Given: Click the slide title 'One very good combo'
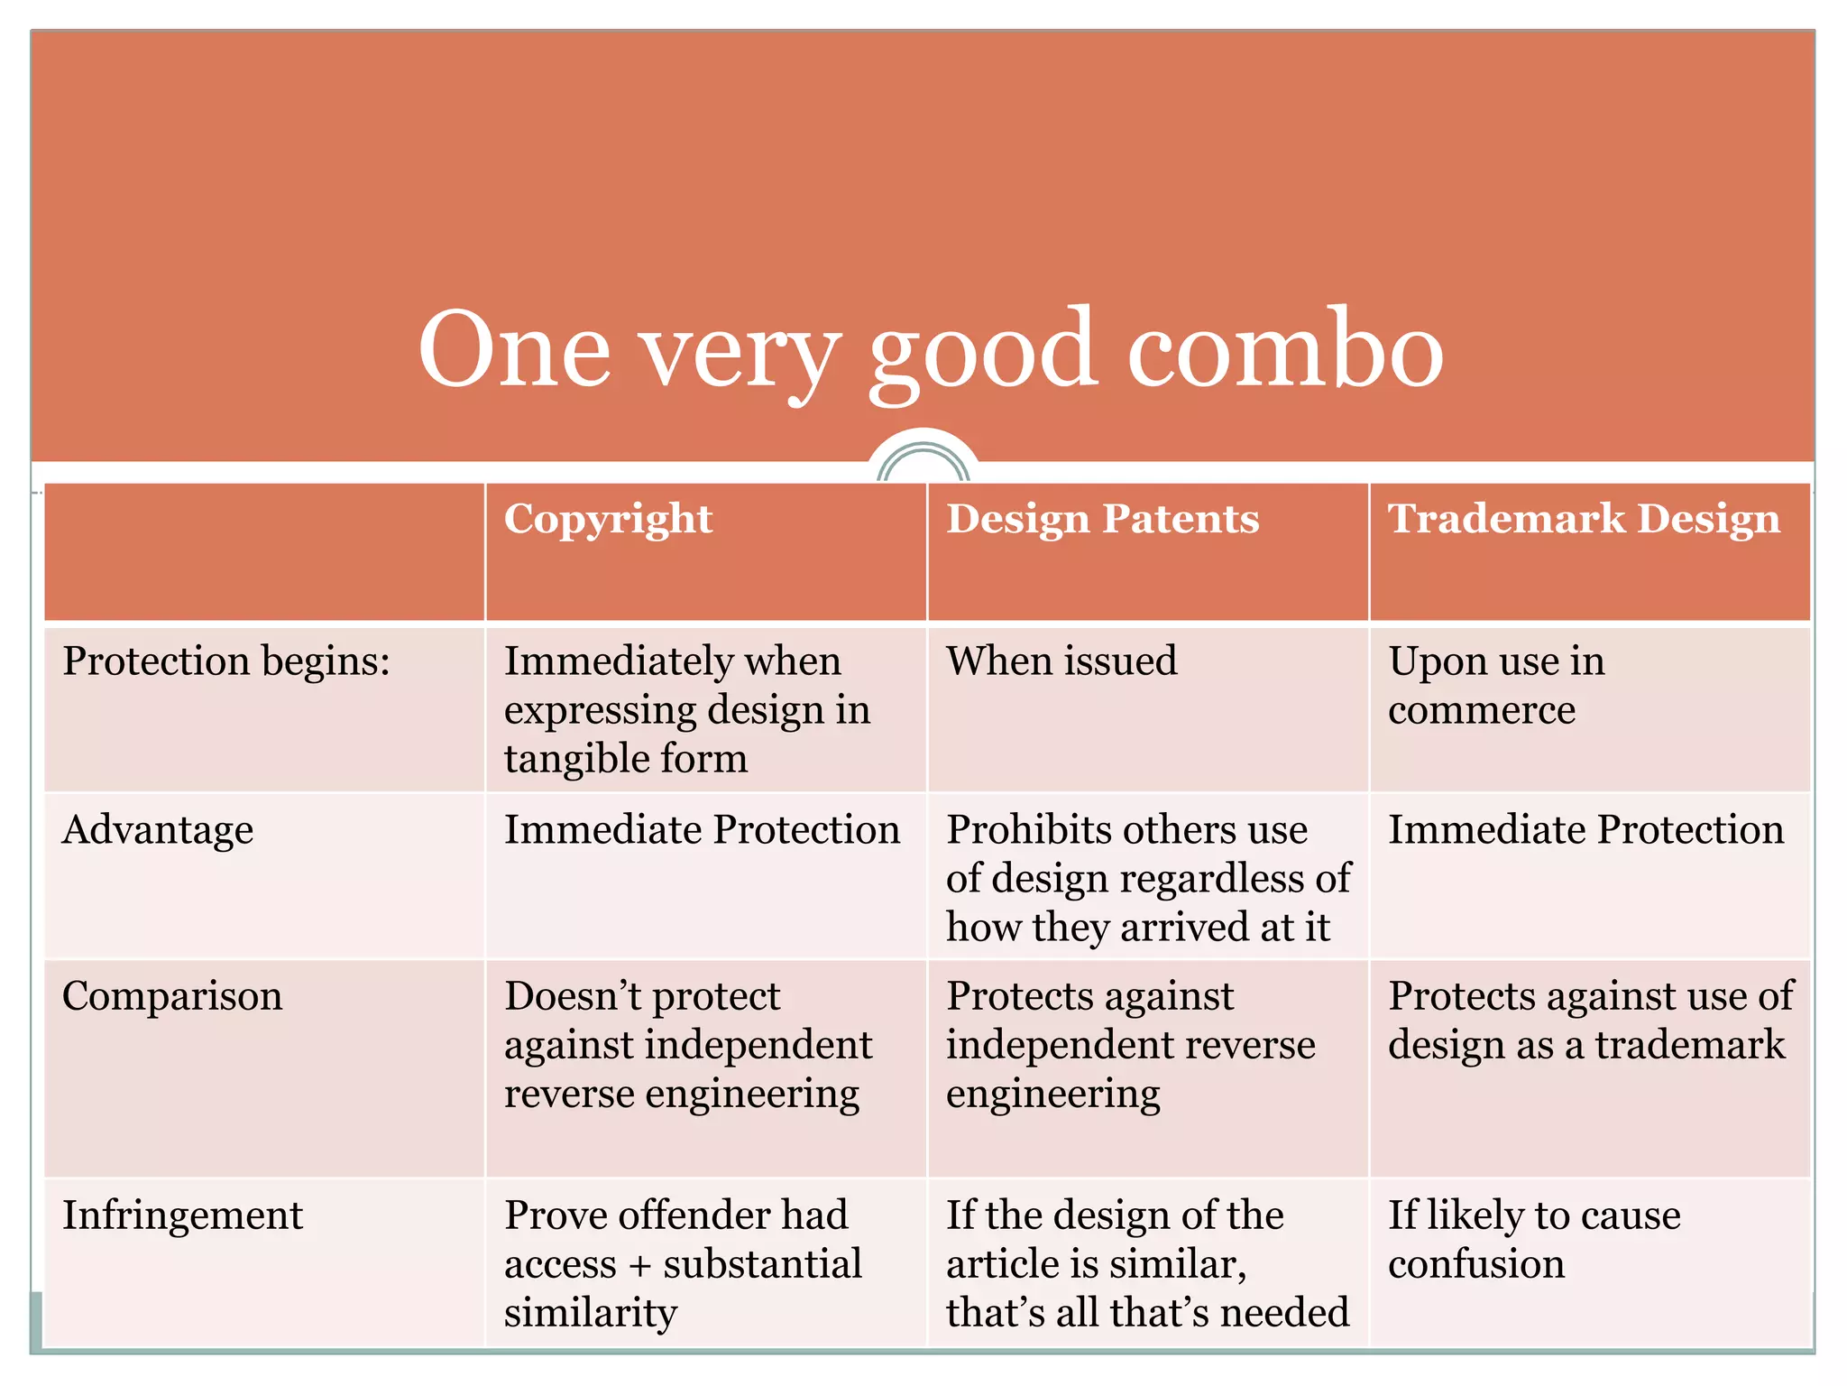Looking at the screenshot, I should pyautogui.click(x=930, y=350).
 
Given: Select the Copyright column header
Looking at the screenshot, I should pyautogui.click(x=608, y=519).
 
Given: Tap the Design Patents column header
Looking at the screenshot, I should pyautogui.click(x=1102, y=519).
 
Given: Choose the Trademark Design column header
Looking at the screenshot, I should pyautogui.click(x=1584, y=519).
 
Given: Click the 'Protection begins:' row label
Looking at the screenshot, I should pyautogui.click(x=226, y=661).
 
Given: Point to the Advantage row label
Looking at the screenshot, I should pyautogui.click(x=158, y=829).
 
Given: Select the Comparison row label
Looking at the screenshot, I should pyautogui.click(x=172, y=996).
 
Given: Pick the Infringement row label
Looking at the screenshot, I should pyautogui.click(x=182, y=1215).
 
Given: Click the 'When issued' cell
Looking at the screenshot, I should pyautogui.click(x=1061, y=661).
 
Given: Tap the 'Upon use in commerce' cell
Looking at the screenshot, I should pyautogui.click(x=1495, y=686).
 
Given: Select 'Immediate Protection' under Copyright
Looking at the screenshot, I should pyautogui.click(x=702, y=829).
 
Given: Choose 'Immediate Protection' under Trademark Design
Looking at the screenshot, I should pyautogui.click(x=1585, y=829).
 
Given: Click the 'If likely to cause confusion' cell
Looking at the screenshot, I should pyautogui.click(x=1533, y=1239).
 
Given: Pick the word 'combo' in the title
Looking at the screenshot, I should pyautogui.click(x=1285, y=350).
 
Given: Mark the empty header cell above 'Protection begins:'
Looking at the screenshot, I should pyautogui.click(x=264, y=551).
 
